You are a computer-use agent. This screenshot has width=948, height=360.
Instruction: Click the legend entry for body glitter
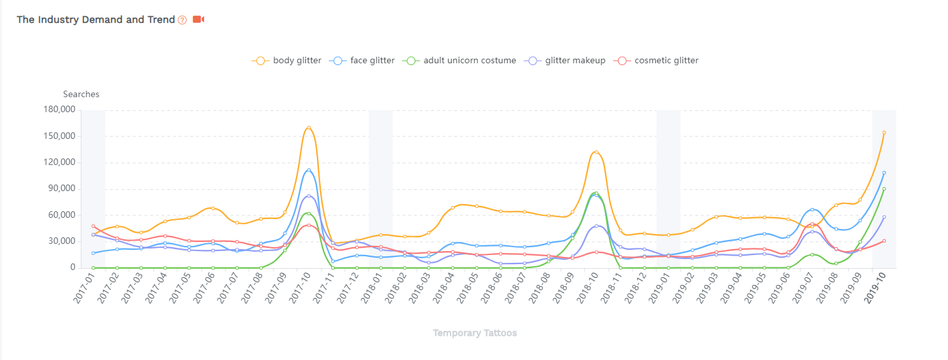coord(287,61)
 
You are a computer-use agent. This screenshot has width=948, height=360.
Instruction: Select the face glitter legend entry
coord(363,61)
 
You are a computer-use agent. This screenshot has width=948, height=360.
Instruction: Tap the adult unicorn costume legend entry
coord(460,61)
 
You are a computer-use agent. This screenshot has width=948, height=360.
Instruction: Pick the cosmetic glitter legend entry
coord(657,61)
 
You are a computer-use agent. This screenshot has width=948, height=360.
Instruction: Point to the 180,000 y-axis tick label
coord(59,110)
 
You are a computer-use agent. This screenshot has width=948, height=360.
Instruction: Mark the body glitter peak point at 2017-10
coord(308,127)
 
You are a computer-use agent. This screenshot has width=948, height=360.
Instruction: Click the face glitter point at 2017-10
coord(308,170)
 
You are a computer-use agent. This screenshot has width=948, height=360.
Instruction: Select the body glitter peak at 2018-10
coord(596,152)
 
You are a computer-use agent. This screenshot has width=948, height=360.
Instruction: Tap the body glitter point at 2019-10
coord(883,132)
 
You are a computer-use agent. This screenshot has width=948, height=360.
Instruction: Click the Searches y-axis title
coord(81,94)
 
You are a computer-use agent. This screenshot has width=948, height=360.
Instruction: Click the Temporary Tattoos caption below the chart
coord(475,333)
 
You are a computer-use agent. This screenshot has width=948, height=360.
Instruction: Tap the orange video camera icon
coord(199,20)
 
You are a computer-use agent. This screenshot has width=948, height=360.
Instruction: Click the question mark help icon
coord(183,20)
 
